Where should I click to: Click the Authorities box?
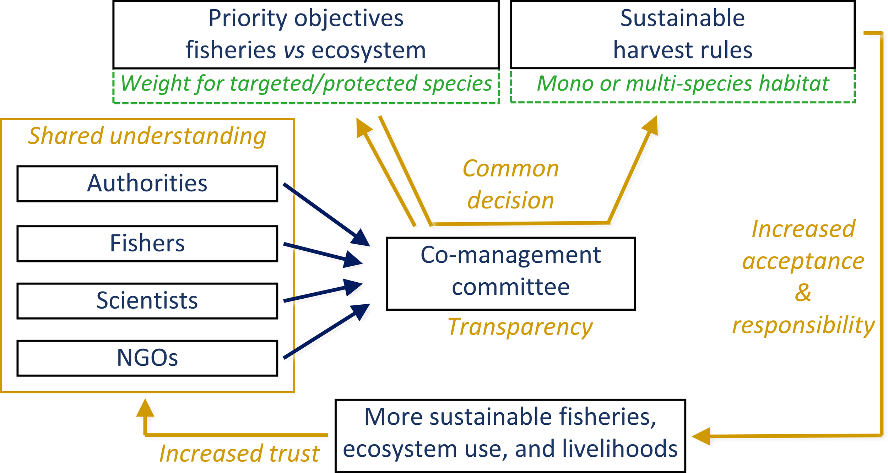[147, 184]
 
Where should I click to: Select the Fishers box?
[147, 244]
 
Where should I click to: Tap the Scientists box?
[147, 301]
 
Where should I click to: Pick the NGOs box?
[147, 358]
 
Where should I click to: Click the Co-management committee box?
[511, 273]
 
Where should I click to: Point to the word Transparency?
[520, 327]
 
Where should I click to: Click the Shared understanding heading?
[147, 136]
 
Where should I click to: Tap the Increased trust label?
[239, 453]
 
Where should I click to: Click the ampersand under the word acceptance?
[803, 293]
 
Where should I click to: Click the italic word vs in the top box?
[294, 50]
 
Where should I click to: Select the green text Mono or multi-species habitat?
[682, 84]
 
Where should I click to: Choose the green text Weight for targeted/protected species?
[306, 84]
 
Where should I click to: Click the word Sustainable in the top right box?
[682, 18]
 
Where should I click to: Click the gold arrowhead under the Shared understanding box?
[145, 408]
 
